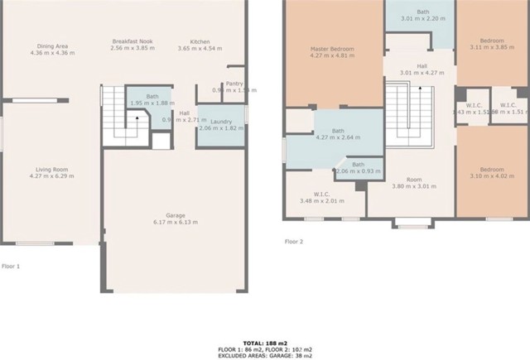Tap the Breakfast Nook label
pyautogui.click(x=133, y=41)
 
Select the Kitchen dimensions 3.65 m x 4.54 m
pyautogui.click(x=200, y=50)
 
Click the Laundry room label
pyautogui.click(x=220, y=122)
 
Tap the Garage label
pyautogui.click(x=175, y=215)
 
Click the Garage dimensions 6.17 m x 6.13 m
pyautogui.click(x=175, y=223)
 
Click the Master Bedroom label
pyautogui.click(x=332, y=49)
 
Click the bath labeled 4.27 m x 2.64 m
pyautogui.click(x=339, y=134)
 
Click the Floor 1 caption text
pyautogui.click(x=11, y=266)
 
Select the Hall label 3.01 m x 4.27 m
pyautogui.click(x=422, y=69)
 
